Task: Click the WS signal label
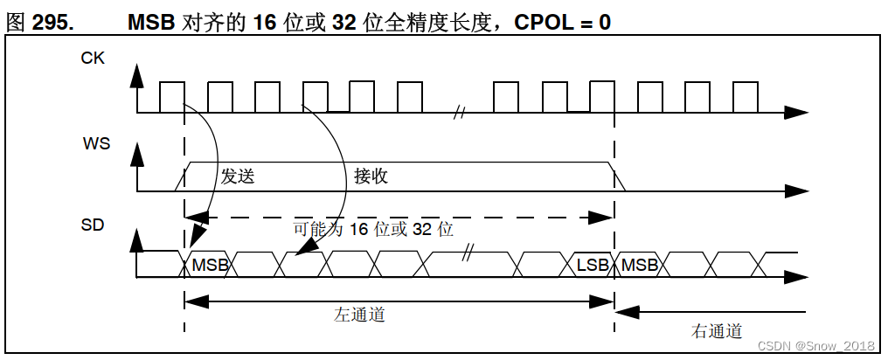pyautogui.click(x=95, y=142)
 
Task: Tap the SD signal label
pyautogui.click(x=92, y=225)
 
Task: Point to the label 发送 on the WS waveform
pyautogui.click(x=237, y=176)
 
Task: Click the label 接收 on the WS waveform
pyautogui.click(x=371, y=176)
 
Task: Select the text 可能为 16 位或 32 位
pyautogui.click(x=373, y=229)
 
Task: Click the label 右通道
pyautogui.click(x=717, y=330)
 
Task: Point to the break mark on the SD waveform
pyautogui.click(x=468, y=253)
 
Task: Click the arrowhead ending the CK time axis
pyautogui.click(x=796, y=113)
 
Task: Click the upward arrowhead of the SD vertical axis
pyautogui.click(x=136, y=239)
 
